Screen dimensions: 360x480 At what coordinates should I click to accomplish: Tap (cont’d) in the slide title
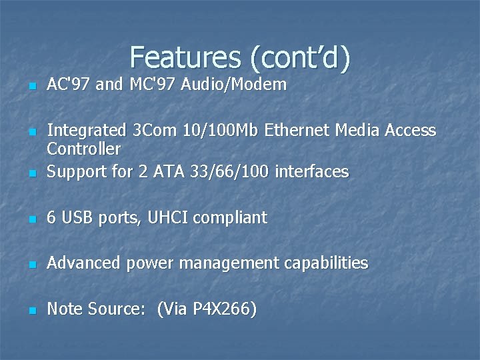pos(299,58)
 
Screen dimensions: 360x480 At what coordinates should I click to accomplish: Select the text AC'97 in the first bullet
pos(69,85)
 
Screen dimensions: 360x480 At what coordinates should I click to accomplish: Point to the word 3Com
pos(151,130)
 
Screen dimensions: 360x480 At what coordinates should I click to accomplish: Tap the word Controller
pos(84,148)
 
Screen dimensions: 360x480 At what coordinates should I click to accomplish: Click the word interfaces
pos(312,171)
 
